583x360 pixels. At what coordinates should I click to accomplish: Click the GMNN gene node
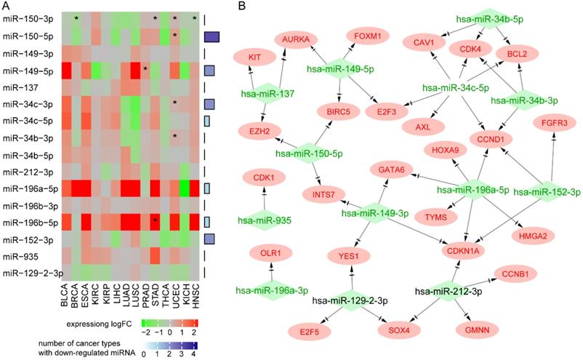(478, 330)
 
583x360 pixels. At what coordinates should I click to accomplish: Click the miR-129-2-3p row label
(33, 273)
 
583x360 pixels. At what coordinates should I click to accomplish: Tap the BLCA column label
(68, 294)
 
